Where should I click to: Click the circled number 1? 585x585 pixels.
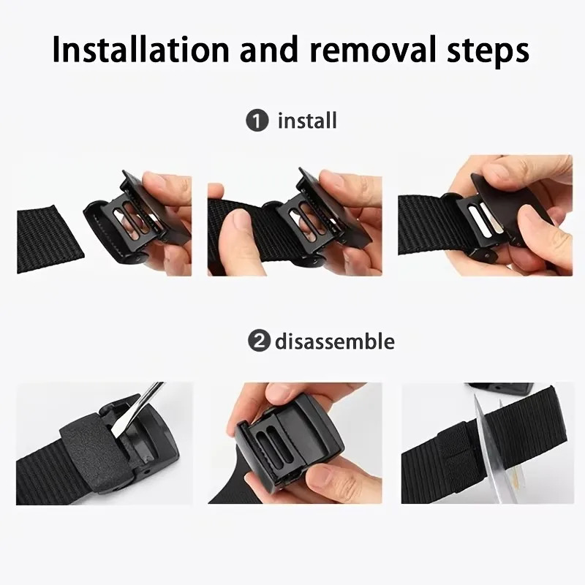[x=257, y=121]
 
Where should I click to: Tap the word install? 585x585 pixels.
[x=307, y=121]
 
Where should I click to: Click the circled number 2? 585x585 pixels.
[x=257, y=341]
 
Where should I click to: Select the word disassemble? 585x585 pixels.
[x=335, y=341]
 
